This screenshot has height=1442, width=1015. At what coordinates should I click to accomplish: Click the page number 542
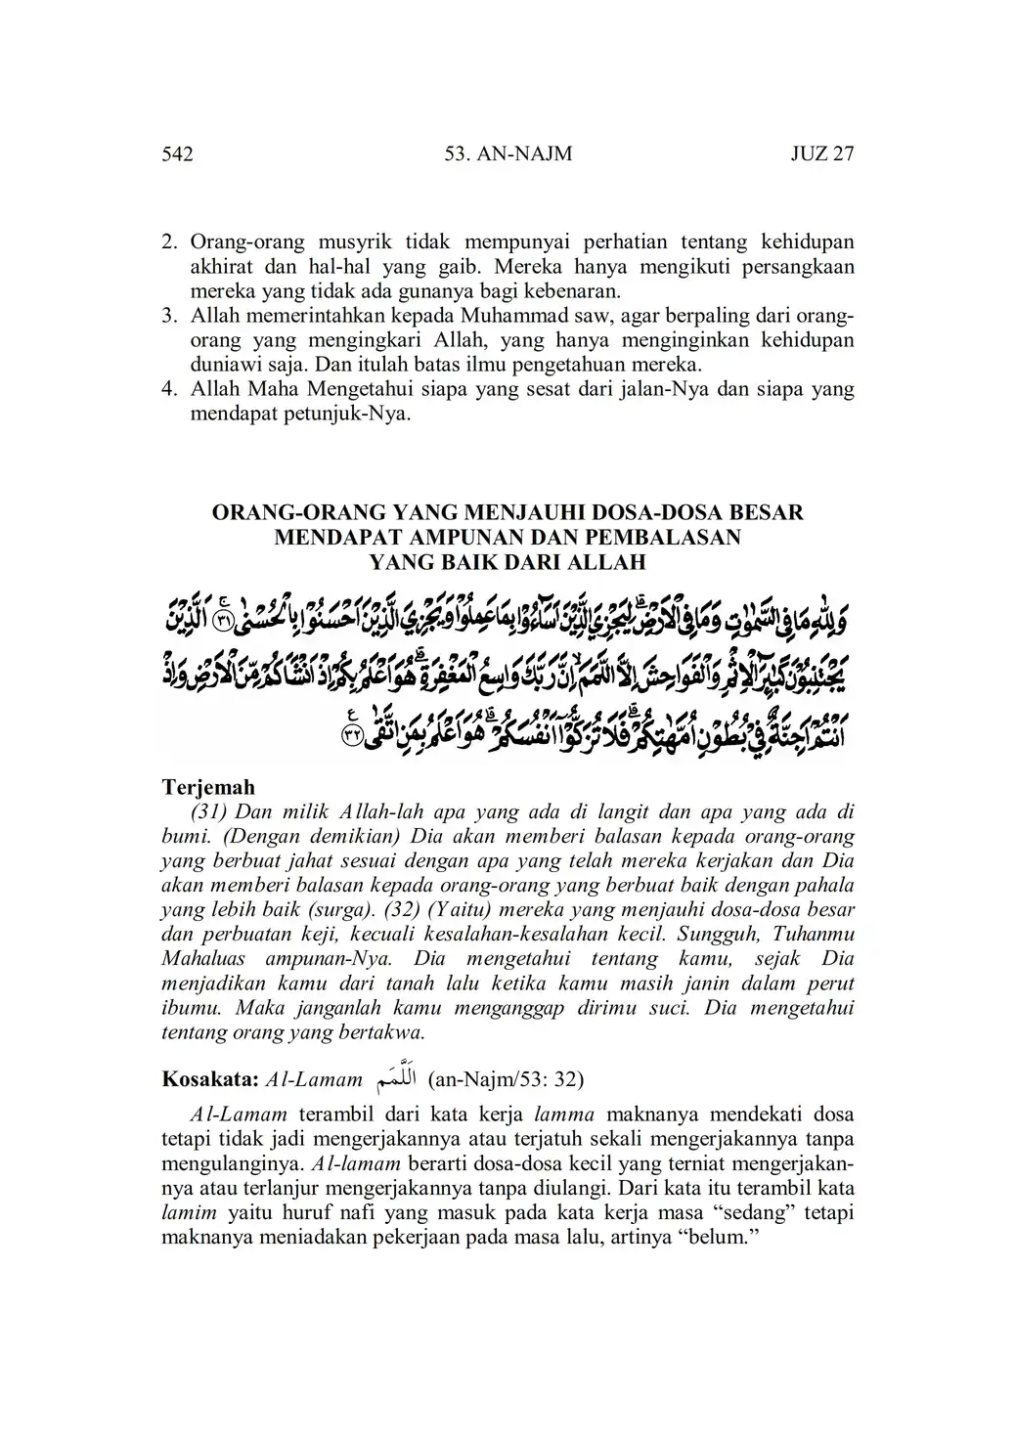tap(176, 154)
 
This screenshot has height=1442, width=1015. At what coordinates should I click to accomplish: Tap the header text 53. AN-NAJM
tap(507, 154)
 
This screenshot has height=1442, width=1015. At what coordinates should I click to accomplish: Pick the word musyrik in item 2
tap(359, 241)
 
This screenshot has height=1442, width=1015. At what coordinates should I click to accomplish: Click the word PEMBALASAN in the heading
tap(661, 537)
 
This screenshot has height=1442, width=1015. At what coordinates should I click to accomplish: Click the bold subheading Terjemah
tap(207, 787)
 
